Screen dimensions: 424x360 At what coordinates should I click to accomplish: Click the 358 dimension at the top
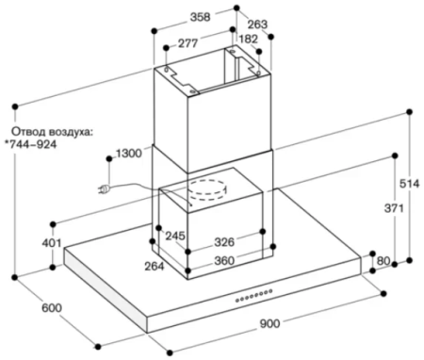200,17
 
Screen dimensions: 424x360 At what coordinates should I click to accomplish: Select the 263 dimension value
257,25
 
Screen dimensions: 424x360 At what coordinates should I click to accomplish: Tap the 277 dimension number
188,43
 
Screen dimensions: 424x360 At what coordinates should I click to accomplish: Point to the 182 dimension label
248,39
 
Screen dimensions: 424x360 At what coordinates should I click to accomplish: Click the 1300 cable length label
129,154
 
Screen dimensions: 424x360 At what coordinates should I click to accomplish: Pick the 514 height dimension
409,184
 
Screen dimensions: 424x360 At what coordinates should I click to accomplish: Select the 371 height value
394,208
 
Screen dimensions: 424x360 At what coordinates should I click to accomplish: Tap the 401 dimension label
52,242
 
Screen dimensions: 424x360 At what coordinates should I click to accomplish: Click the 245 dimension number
175,236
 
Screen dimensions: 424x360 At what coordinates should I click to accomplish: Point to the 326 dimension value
224,242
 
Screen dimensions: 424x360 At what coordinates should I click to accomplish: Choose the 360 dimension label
224,260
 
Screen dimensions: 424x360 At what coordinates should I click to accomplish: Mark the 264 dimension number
155,267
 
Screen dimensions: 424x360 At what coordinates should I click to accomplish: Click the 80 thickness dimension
383,261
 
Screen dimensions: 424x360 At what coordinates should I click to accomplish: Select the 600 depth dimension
52,308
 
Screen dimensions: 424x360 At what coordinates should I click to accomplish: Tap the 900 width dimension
269,323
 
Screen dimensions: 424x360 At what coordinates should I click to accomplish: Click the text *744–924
31,144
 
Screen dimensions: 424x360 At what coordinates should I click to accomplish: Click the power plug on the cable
105,189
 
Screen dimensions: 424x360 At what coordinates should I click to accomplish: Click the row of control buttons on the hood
253,296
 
